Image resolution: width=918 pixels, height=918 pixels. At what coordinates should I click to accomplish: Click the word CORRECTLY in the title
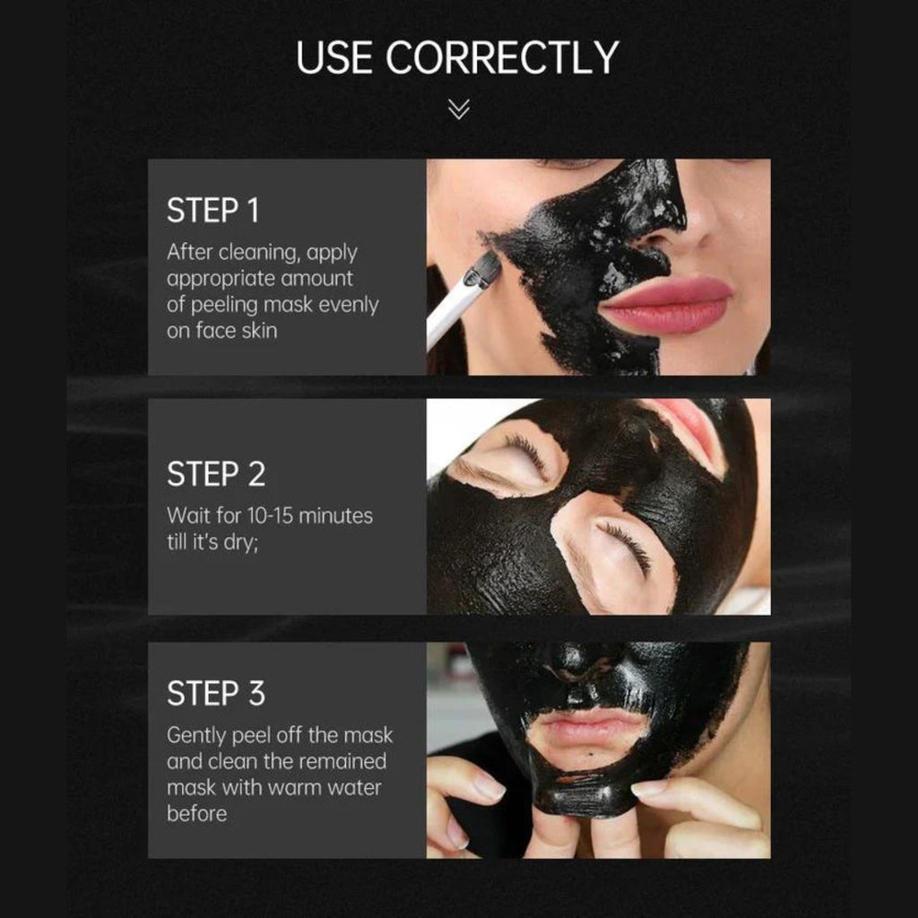click(502, 57)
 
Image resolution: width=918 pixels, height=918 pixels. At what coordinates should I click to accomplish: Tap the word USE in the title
click(334, 57)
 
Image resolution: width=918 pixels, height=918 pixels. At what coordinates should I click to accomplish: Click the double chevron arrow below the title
click(458, 108)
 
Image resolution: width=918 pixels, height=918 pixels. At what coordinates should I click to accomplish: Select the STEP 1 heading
click(212, 210)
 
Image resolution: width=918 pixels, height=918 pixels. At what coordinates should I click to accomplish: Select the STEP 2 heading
click(216, 473)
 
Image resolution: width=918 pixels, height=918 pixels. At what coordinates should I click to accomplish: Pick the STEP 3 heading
click(216, 693)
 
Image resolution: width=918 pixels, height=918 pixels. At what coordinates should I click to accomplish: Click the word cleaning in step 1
click(257, 253)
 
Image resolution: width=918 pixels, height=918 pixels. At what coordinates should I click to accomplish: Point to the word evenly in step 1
click(349, 305)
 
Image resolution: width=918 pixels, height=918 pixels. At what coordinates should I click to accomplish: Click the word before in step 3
click(196, 813)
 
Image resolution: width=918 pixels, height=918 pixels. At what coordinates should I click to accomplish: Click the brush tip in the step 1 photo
click(484, 268)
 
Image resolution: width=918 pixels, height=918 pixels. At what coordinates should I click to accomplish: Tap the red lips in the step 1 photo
click(666, 305)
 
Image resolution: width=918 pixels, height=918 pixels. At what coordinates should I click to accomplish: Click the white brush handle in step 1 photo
click(450, 313)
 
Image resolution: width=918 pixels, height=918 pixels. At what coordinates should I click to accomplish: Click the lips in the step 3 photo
click(592, 728)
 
